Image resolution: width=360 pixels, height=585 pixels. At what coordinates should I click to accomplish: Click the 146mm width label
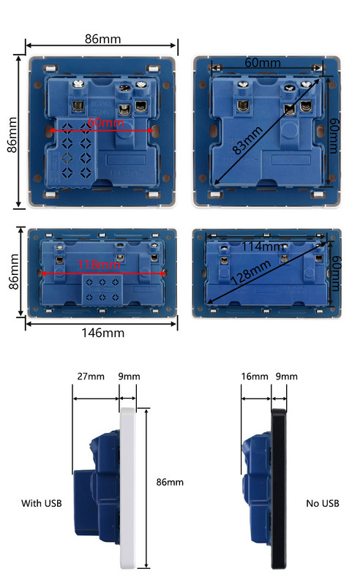point(102,333)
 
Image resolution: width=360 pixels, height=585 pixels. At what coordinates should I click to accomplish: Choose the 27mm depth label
point(91,377)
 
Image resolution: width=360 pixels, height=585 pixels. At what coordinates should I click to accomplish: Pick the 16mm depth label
point(255,377)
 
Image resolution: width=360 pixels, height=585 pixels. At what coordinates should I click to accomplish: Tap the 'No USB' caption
point(323,503)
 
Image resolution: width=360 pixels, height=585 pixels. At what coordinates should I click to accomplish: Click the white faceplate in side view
point(129,490)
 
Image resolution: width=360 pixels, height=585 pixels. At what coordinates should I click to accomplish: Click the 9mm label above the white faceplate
point(130,377)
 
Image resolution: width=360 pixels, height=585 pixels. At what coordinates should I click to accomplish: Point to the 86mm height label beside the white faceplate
point(170,483)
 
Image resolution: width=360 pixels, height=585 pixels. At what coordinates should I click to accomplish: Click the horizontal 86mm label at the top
point(102,39)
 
